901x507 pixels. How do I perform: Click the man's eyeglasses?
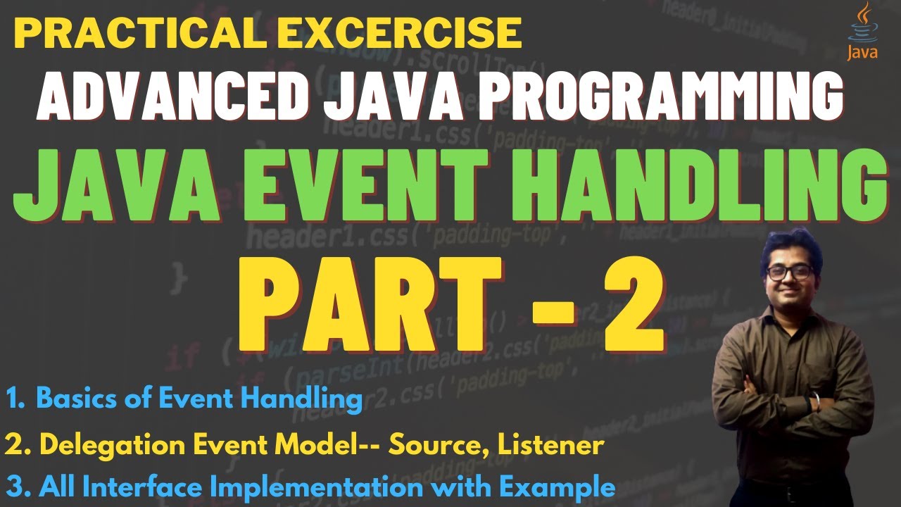[x=789, y=272]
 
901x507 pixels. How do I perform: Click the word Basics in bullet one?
[x=73, y=399]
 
